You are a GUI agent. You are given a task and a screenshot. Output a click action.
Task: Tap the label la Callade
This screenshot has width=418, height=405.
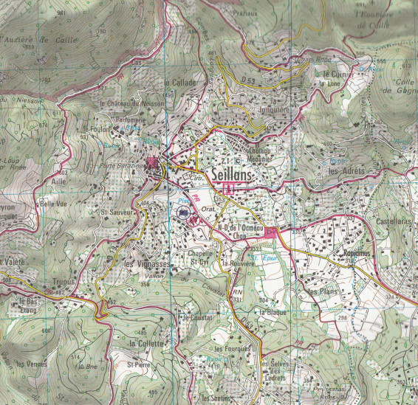pos(181,83)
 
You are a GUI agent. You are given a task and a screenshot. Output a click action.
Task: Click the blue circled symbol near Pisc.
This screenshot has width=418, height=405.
pos(183,213)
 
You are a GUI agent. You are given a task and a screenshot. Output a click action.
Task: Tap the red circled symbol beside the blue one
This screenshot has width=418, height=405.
pos(195,218)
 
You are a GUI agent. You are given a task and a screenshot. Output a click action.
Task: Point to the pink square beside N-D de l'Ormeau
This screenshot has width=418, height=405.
pos(270,234)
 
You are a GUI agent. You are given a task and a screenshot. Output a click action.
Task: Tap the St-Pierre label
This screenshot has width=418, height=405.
pos(138,364)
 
